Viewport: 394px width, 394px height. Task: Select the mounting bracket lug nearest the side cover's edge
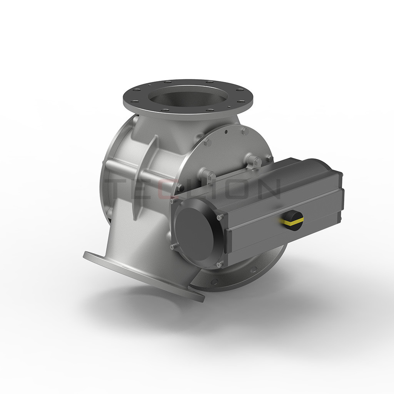pos(254,161)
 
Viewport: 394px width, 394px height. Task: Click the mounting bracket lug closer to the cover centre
pos(208,177)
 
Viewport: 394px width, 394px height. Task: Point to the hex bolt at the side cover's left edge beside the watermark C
pos(179,188)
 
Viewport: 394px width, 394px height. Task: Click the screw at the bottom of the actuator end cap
pos(219,264)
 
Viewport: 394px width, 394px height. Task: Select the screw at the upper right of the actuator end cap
pos(220,218)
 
